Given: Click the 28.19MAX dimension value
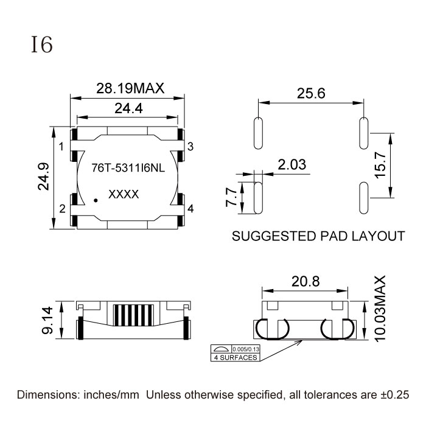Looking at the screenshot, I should (x=130, y=88).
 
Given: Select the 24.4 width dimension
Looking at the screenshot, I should (x=128, y=109).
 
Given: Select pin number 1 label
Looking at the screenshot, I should (x=61, y=147).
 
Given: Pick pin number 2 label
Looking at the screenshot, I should (x=62, y=209).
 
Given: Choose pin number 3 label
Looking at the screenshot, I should (x=190, y=147).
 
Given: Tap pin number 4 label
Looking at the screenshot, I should (x=190, y=209).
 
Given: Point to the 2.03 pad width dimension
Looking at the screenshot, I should (x=292, y=164).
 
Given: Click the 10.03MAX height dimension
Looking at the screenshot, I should (x=382, y=316).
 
